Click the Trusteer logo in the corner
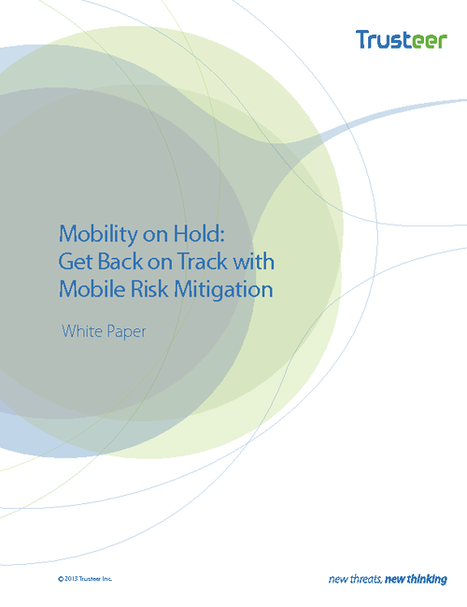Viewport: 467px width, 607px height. [x=402, y=39]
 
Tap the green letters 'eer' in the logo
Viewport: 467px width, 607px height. [x=430, y=41]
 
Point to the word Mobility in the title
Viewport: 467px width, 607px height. [x=98, y=235]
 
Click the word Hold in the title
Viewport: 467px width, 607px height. [x=196, y=233]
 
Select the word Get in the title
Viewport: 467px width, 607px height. [x=76, y=261]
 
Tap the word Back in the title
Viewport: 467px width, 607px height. [x=120, y=261]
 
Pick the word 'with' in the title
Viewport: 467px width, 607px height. [x=253, y=261]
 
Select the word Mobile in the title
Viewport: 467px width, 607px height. [x=92, y=289]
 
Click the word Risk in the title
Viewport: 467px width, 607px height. [x=149, y=289]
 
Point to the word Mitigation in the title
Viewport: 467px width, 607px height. [x=223, y=290]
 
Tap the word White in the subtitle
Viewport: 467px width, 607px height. [x=82, y=331]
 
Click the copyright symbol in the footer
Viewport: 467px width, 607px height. [x=61, y=579]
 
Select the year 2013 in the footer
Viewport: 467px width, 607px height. [x=71, y=579]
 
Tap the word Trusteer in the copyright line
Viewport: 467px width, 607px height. [x=90, y=579]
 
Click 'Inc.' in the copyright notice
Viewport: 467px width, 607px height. [x=107, y=579]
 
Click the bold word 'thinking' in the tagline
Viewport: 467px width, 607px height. [x=427, y=580]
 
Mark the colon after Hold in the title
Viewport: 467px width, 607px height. [x=222, y=236]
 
